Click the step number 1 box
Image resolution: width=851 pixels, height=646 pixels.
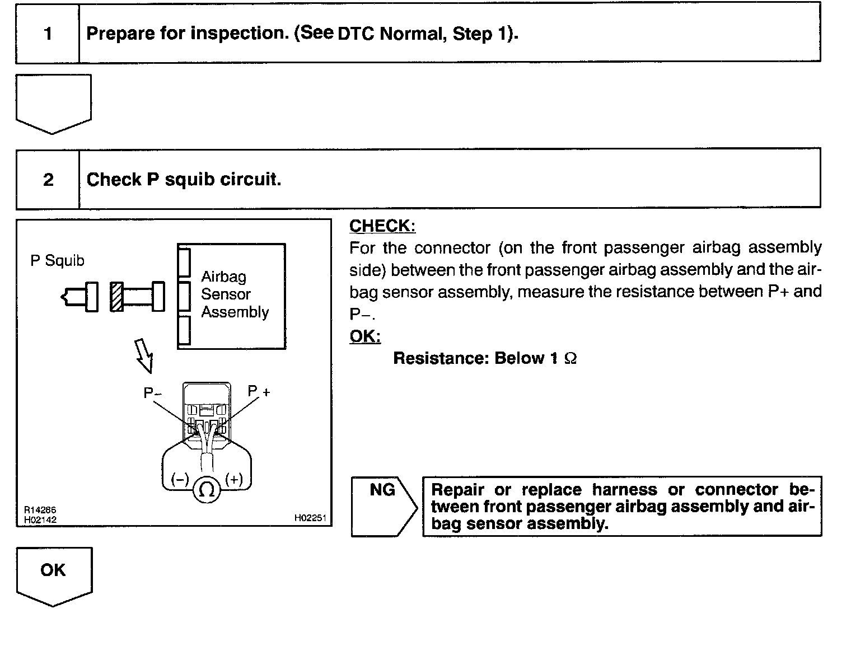point(48,34)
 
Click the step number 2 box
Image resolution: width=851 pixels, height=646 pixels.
point(48,180)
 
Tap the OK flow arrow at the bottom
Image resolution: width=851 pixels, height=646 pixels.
point(53,574)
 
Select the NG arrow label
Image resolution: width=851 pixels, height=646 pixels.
point(383,490)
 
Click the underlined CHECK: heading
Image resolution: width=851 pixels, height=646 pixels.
point(382,226)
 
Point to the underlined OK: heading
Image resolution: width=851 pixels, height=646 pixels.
point(365,336)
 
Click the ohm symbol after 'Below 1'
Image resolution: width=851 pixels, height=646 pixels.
point(571,359)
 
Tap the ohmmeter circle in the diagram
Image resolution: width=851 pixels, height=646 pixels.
point(207,490)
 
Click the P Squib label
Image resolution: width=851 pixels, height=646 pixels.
point(57,261)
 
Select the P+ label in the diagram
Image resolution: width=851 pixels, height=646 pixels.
point(259,391)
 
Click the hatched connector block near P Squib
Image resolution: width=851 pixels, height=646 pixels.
point(116,297)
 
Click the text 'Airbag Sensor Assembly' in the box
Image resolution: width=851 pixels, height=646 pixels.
point(235,294)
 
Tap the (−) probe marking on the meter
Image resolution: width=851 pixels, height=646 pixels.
point(180,479)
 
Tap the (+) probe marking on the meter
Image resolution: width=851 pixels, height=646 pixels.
point(234,479)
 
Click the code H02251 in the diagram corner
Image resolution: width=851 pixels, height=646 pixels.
point(310,518)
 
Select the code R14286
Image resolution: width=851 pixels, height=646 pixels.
point(40,511)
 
